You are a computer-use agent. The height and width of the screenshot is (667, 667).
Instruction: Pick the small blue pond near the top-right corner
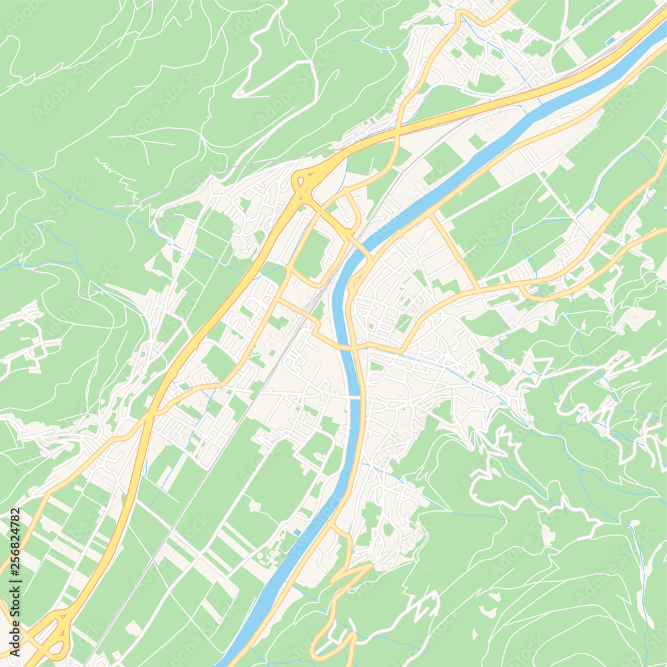[610, 41]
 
